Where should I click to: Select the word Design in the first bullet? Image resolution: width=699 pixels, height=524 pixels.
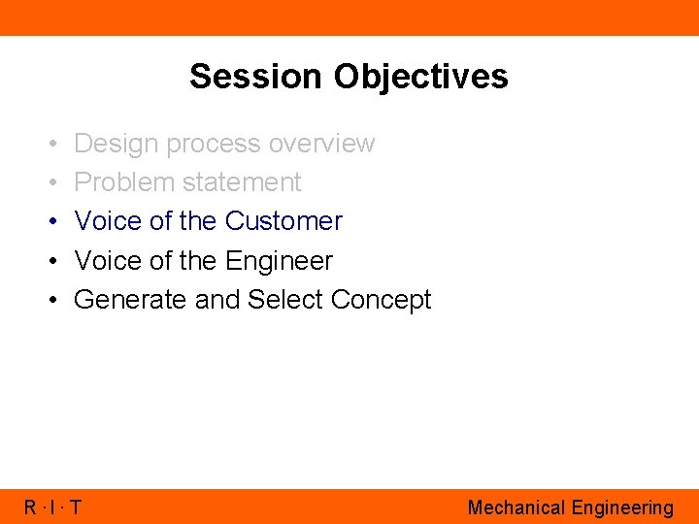pos(116,144)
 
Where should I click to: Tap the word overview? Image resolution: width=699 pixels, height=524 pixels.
pos(321,144)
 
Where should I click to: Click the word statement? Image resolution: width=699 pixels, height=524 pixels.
pos(242,182)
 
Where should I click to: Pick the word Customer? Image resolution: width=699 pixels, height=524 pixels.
pos(283,221)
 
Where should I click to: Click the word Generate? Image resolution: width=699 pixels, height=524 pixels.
pos(131,300)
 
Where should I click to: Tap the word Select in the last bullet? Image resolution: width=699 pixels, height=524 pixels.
pos(285,300)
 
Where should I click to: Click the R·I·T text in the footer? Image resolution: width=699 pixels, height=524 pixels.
pos(53,508)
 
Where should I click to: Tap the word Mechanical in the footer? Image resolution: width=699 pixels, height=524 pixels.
pos(516,508)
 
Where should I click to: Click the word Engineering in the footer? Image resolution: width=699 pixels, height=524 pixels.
pos(621,508)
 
